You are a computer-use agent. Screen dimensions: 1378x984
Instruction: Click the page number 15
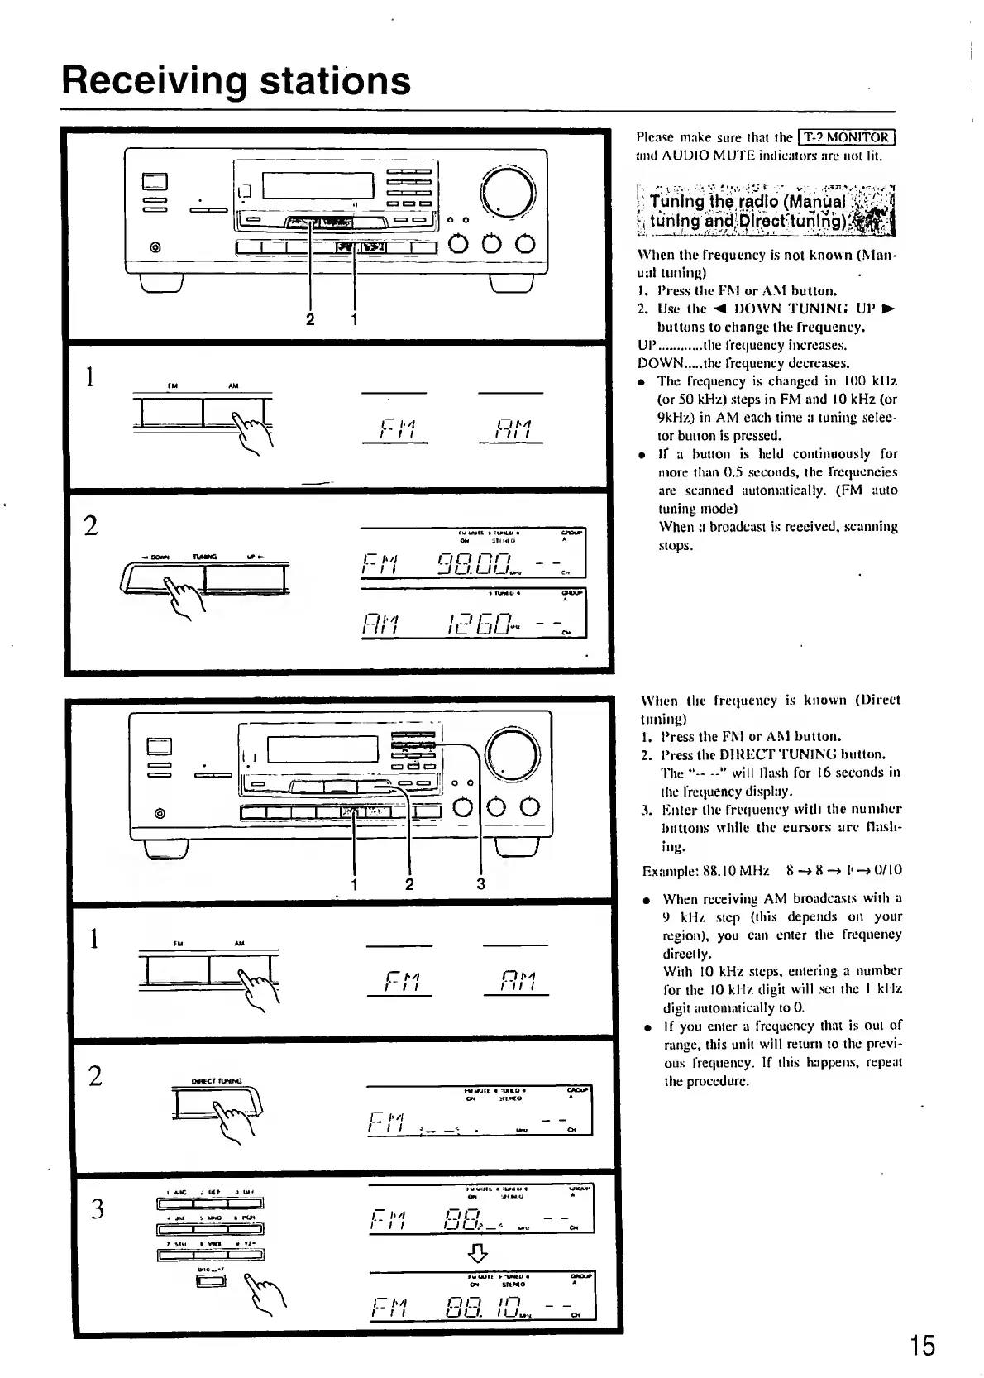[x=921, y=1346]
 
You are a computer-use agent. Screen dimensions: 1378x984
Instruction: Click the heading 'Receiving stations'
[x=236, y=80]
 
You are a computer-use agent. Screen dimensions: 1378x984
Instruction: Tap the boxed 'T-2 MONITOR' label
[x=848, y=137]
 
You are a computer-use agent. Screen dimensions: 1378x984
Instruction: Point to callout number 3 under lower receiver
[x=480, y=884]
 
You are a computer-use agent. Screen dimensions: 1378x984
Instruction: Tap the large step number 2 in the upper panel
[x=92, y=526]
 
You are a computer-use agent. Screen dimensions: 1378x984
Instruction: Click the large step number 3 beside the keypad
[x=98, y=1209]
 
